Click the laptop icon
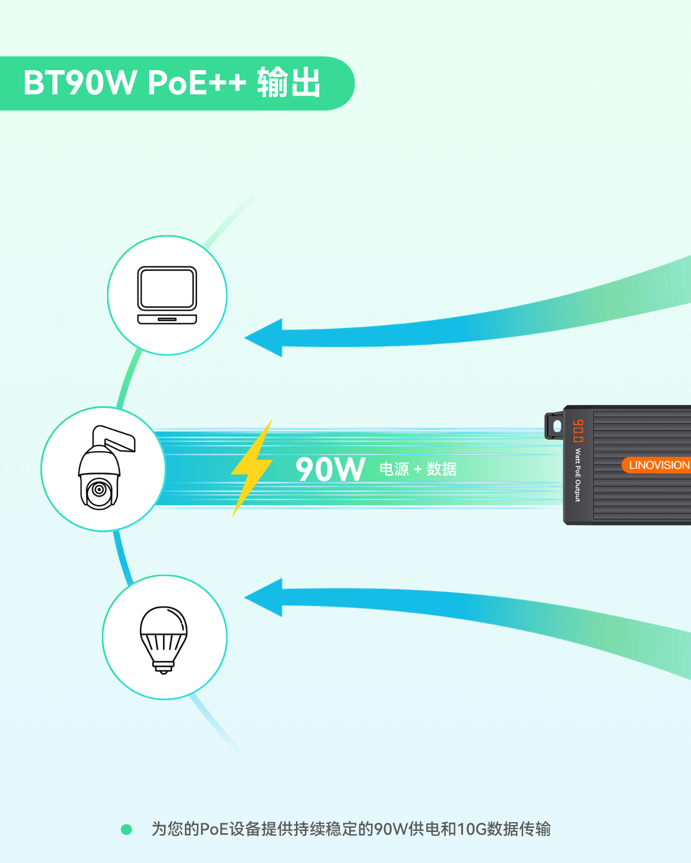pos(167,295)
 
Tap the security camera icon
pos(106,468)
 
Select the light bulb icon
pos(164,640)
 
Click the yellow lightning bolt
pos(252,468)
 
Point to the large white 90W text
pos(330,469)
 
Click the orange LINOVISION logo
pos(657,465)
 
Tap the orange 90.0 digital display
pos(578,431)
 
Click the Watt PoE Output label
pos(578,475)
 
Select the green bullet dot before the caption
pos(127,829)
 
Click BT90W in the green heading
pos(80,83)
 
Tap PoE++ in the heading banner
pos(197,83)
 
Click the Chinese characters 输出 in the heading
pos(288,83)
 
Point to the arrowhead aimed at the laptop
pos(263,338)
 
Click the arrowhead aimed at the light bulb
pos(263,598)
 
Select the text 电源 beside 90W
pos(394,469)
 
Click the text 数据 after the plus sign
pos(442,469)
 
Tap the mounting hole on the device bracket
pos(557,426)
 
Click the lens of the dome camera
pos(99,489)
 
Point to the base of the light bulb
pos(164,667)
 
